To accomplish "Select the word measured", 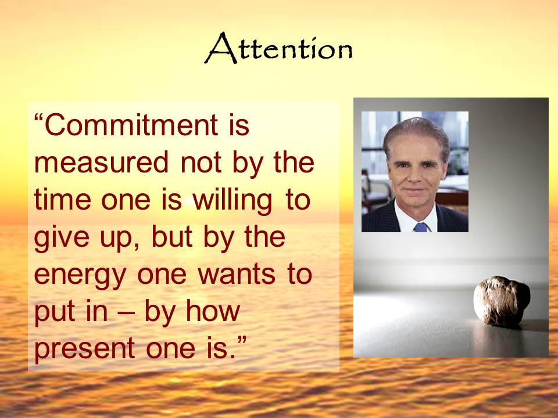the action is pos(101,163).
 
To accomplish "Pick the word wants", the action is pos(237,275).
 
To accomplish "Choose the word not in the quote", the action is pos(202,163).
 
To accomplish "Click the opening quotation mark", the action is pos(38,118).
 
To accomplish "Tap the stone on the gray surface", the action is pos(502,301).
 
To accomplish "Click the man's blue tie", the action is pos(420,228).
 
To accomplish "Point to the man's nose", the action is pos(416,175).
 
